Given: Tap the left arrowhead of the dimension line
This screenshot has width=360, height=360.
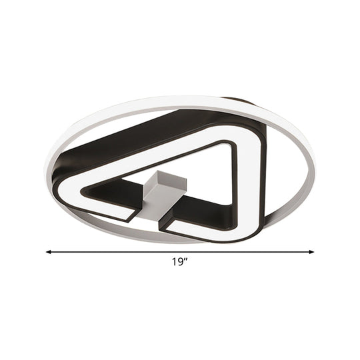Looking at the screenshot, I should (49, 252).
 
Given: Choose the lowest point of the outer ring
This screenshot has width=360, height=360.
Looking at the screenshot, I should (180, 248).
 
